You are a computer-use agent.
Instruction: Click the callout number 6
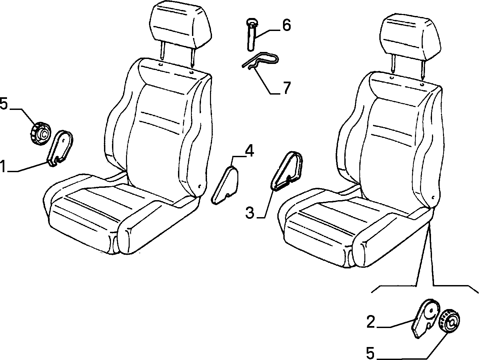287,25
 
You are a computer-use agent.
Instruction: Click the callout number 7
287,88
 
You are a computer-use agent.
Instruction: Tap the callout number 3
250,213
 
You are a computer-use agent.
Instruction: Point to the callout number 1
3,166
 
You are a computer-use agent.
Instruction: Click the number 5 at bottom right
370,353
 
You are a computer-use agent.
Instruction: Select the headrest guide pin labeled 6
251,35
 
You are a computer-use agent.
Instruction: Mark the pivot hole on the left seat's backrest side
199,186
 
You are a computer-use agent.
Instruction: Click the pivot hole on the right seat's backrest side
433,197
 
